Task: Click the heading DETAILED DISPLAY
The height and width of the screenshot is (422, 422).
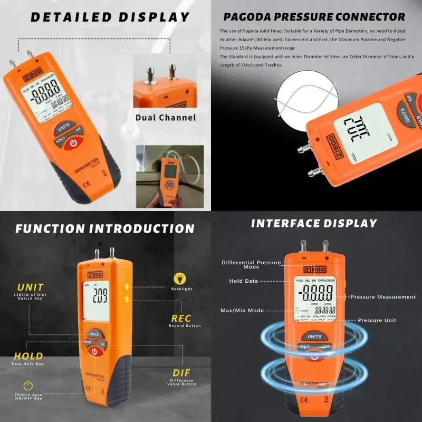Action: tap(110, 17)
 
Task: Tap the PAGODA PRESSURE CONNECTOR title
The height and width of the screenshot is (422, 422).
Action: tap(314, 17)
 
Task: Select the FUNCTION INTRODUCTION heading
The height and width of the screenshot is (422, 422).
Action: tap(105, 228)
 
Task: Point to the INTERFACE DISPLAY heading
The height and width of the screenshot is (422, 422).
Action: tap(314, 223)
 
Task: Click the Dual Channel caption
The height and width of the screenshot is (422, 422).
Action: tap(165, 118)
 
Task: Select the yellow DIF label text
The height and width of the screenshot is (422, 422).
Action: tap(181, 373)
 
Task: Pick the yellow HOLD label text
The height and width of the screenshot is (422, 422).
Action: tap(28, 356)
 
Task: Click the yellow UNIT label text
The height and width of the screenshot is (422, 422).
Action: tap(31, 287)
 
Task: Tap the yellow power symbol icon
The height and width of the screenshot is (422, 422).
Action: tap(28, 385)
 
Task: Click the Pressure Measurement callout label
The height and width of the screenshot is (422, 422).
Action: tap(383, 297)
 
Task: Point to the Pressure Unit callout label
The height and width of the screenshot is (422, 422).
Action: tap(377, 320)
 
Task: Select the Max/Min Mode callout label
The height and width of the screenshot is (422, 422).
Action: tap(242, 310)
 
